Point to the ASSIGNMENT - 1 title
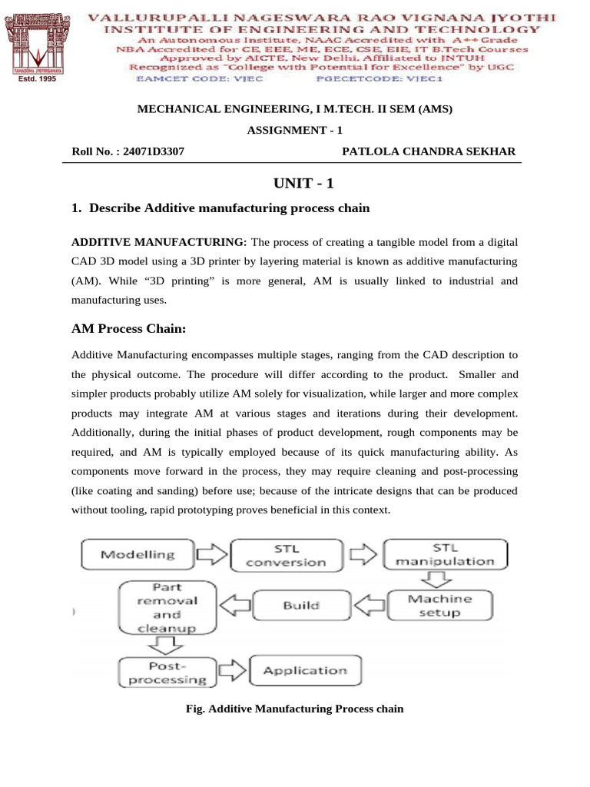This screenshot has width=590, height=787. point(295,130)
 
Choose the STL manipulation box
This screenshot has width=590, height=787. point(446,554)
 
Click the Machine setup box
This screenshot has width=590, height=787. point(440,606)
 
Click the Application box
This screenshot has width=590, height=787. point(304,670)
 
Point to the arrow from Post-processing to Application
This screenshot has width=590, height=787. point(232,670)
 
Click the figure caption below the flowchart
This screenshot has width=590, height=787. point(295,708)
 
